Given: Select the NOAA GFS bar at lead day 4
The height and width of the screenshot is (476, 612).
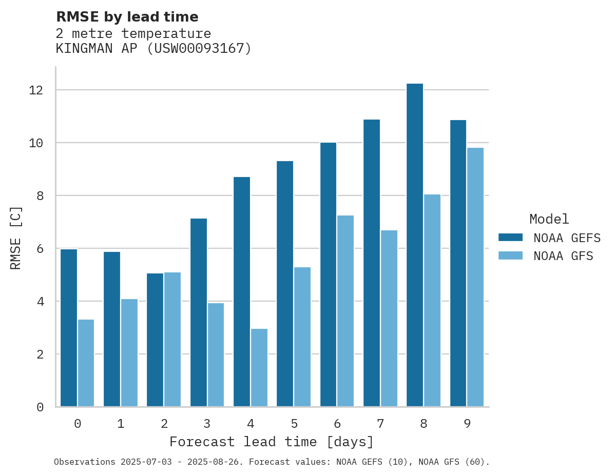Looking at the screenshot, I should (x=259, y=368).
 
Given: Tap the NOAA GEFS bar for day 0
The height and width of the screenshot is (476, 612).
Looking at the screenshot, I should (x=69, y=328).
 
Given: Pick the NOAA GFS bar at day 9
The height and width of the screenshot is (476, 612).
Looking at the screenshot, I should (x=475, y=277).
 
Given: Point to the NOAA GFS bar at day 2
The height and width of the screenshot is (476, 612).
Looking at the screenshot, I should (x=173, y=340).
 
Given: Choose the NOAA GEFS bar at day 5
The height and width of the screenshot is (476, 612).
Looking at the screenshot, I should (x=285, y=284).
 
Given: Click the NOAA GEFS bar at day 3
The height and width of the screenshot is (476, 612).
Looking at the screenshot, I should (x=199, y=312).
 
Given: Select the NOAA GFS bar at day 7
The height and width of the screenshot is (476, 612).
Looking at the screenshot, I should (x=389, y=319).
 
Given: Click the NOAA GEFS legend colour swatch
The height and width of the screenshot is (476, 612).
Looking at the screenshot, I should (x=510, y=237).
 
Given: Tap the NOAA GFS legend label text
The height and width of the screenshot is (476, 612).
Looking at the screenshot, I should (x=563, y=256).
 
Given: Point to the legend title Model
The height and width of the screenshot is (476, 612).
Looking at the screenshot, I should (x=549, y=219).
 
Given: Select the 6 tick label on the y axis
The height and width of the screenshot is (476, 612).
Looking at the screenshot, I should (x=40, y=249).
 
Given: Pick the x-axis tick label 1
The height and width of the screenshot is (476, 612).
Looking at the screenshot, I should (x=121, y=424).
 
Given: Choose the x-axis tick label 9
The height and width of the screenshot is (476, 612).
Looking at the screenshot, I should (x=467, y=424).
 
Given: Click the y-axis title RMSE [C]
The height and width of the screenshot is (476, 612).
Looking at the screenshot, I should (x=16, y=237).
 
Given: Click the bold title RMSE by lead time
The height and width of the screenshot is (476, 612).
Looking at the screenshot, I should (x=127, y=17).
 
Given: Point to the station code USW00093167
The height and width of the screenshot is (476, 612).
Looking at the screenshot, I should (x=200, y=49).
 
